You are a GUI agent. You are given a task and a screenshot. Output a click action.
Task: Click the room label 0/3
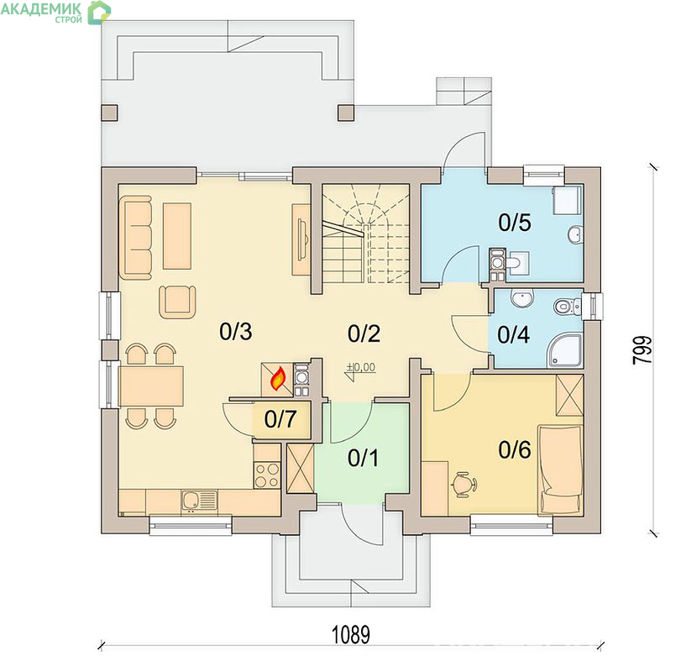pos(236,332)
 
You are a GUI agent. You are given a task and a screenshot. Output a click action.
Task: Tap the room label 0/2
pos(364,333)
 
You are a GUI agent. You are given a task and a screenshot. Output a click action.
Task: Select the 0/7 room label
pos(280,419)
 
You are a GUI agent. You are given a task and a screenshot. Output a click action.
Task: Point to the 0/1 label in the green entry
pos(363,459)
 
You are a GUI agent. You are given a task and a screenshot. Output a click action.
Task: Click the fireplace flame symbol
pos(278,379)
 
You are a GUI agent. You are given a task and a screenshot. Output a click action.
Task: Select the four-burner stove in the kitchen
pos(266,475)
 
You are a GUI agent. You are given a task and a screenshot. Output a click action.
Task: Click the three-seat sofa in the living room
pos(136,237)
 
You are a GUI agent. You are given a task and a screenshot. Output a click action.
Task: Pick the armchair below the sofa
pos(177,302)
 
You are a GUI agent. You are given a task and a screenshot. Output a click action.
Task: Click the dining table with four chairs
pos(151,386)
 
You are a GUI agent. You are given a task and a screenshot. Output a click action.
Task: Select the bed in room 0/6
pos(560,470)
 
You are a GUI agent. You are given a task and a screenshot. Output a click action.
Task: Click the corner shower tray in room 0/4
pos(565,350)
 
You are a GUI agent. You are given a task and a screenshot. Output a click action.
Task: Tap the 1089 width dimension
pos(351,635)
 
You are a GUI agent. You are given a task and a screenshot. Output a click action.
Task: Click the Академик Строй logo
pos(55,12)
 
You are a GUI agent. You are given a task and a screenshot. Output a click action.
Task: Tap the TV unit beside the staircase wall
pos(301,239)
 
